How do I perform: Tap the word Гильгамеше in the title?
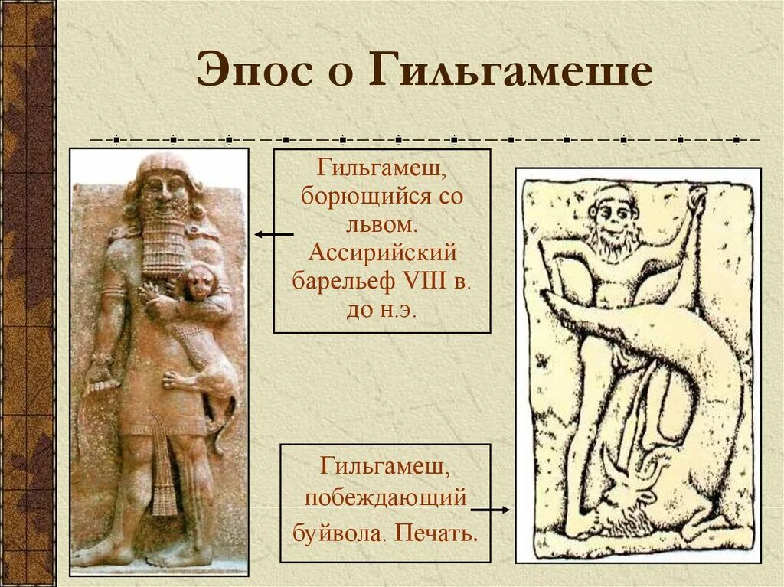513,71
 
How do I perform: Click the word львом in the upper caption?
381,223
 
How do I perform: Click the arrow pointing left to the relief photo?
273,234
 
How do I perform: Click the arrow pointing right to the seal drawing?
490,508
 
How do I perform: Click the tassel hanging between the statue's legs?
163,474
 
